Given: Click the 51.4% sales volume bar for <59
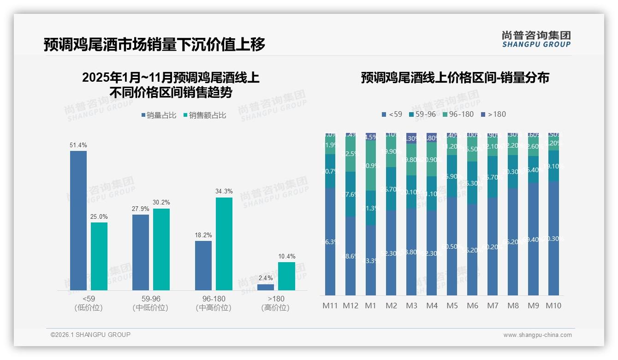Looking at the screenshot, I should (78, 221).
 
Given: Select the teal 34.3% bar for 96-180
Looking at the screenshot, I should (224, 244).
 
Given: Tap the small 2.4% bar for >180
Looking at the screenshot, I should (266, 287).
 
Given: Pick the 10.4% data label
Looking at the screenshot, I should (287, 256).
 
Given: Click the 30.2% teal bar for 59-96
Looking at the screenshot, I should (161, 249).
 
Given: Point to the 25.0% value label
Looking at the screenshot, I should (99, 216).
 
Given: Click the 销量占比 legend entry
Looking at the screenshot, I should (158, 115).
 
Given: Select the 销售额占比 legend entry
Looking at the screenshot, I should (204, 115).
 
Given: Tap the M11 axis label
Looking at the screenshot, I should (330, 306).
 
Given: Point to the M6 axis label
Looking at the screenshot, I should (472, 306).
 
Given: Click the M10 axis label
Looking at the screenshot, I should (553, 306).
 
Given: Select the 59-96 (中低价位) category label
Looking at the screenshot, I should (150, 303).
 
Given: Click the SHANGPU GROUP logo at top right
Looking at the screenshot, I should (536, 39).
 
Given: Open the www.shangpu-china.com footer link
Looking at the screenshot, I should (537, 335).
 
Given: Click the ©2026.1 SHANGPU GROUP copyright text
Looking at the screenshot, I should (90, 335).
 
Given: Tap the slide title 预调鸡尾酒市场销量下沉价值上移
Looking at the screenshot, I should (154, 45).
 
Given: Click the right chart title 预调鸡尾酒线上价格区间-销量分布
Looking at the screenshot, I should (455, 78).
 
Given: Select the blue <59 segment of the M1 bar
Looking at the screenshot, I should (371, 260).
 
